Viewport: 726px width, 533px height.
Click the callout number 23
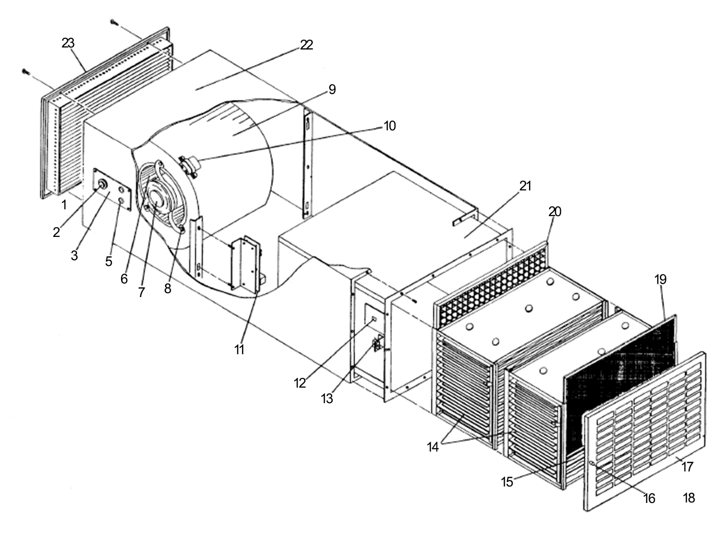[x=68, y=43]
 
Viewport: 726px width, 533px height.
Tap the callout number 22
[x=306, y=45]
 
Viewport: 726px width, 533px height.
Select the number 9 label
[x=332, y=90]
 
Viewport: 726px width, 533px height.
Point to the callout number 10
[x=390, y=126]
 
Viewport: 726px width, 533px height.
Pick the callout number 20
[x=555, y=211]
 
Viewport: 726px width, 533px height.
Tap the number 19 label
[x=660, y=280]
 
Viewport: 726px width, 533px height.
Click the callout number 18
[x=689, y=498]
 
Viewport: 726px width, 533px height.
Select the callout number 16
[x=649, y=498]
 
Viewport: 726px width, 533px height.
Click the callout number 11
[x=240, y=350]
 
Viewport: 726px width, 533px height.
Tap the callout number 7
[x=141, y=292]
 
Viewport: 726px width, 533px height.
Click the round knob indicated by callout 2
[x=103, y=184]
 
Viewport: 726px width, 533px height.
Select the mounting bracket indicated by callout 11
[x=246, y=264]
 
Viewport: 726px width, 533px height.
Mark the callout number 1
[x=64, y=205]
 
